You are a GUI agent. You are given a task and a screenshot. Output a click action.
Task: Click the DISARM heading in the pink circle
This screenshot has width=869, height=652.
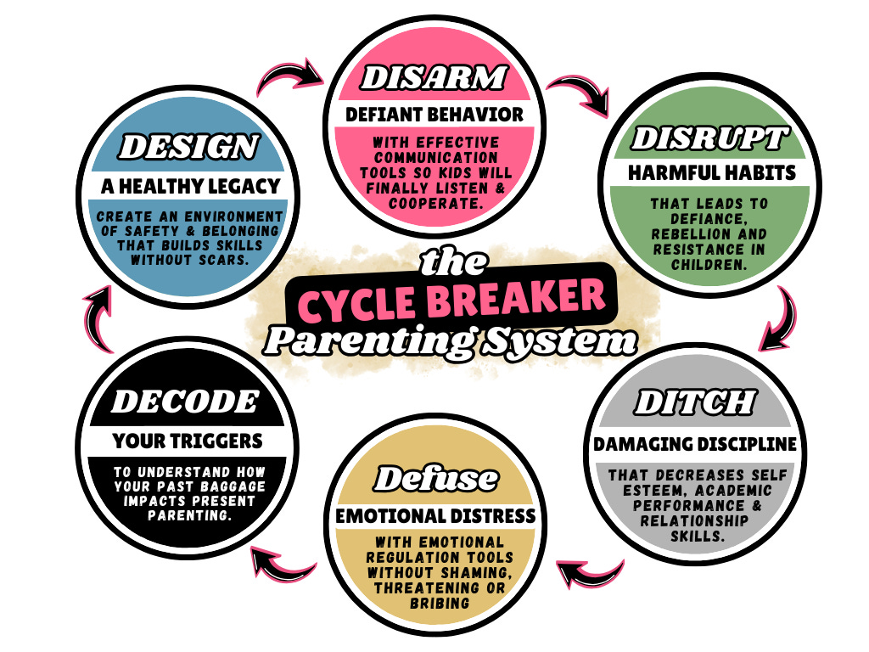click(x=434, y=78)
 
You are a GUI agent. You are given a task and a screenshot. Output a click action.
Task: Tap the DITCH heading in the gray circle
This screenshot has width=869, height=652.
click(x=694, y=402)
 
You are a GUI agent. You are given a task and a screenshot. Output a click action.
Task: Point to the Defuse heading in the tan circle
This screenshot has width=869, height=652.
click(x=434, y=479)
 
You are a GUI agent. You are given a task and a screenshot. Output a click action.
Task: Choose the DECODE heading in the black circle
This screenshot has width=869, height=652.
click(x=185, y=401)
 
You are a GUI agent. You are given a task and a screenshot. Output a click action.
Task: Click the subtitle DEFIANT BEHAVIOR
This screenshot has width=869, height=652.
click(x=434, y=114)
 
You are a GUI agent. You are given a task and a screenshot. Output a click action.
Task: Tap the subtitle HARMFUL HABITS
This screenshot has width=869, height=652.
click(x=711, y=173)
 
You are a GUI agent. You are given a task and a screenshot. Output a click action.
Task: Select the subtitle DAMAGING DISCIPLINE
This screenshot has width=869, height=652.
click(x=694, y=443)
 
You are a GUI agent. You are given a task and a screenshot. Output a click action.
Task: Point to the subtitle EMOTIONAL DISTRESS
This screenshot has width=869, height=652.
click(x=434, y=515)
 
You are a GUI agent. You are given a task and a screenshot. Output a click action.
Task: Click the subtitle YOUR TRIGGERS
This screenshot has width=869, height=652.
click(x=187, y=441)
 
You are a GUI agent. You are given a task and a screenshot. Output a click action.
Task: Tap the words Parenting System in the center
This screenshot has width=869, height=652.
click(x=449, y=340)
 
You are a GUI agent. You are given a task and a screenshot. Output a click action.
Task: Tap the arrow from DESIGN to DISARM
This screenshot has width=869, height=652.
click(x=289, y=77)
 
